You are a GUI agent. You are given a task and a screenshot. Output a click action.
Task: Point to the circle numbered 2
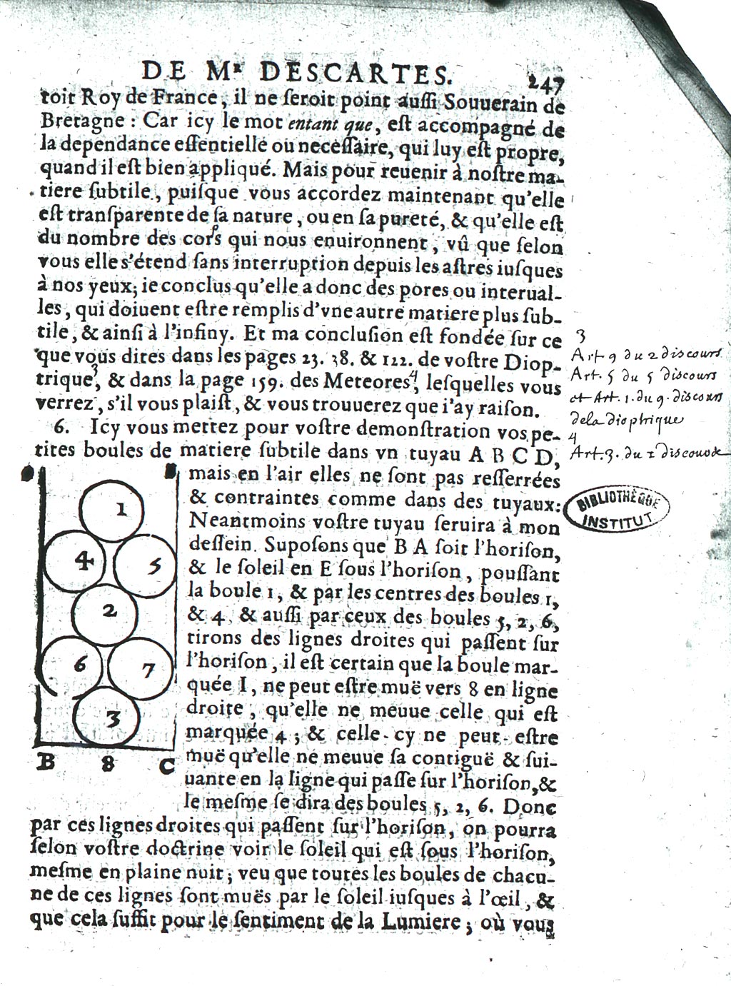tap(109, 610)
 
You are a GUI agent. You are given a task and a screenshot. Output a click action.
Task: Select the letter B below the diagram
tap(46, 762)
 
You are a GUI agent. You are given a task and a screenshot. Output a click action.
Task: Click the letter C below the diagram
tap(166, 766)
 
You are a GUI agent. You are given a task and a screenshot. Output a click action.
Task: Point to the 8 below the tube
tap(107, 763)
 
